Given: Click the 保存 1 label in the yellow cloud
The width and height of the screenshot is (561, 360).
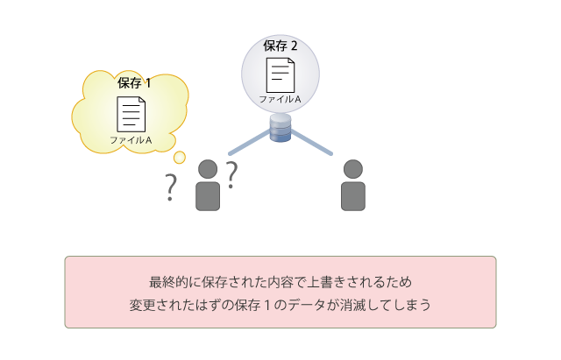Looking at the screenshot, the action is (134, 83).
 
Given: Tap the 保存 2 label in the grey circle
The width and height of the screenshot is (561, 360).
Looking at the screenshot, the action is (280, 46).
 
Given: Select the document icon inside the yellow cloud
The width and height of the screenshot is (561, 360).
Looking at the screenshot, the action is (131, 115).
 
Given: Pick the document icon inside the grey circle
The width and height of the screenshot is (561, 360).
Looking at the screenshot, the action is (280, 75).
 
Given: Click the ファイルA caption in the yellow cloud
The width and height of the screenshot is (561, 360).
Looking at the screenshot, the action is (131, 140).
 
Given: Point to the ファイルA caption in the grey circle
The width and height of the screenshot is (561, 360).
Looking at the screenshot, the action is (280, 99).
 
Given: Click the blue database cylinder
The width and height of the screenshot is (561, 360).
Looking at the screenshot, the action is (280, 128).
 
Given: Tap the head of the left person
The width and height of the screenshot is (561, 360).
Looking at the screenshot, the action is (208, 169).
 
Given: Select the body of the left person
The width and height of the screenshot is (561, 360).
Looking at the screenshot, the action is (208, 196).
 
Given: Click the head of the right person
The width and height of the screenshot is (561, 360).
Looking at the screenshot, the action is (353, 169).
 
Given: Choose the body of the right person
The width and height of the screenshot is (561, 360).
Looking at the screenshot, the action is (353, 196).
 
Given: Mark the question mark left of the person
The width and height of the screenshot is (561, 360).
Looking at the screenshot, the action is (171, 187).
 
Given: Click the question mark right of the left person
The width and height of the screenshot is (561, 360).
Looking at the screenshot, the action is (231, 175).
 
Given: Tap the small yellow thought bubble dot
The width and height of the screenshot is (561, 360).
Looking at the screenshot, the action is (179, 158).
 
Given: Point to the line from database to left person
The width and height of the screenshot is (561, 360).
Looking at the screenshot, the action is (250, 143).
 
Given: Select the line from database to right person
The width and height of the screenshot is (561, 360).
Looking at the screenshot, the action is (311, 143).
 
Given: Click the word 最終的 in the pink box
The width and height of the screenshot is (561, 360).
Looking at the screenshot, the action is (168, 282).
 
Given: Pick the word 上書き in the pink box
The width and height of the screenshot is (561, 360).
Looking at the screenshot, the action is (326, 282).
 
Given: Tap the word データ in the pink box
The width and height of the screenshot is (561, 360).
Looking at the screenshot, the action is (307, 305).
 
